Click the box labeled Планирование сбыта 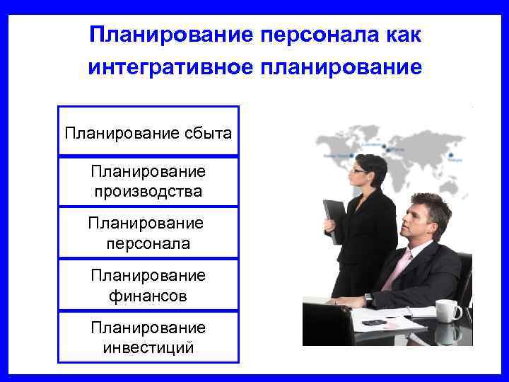[x=148, y=132]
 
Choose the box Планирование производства [x=148, y=182]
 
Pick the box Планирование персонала [x=148, y=233]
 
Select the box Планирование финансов [x=148, y=285]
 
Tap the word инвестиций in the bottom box [x=148, y=347]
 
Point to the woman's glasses [x=359, y=170]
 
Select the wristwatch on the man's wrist [x=368, y=299]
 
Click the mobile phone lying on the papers [x=375, y=323]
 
